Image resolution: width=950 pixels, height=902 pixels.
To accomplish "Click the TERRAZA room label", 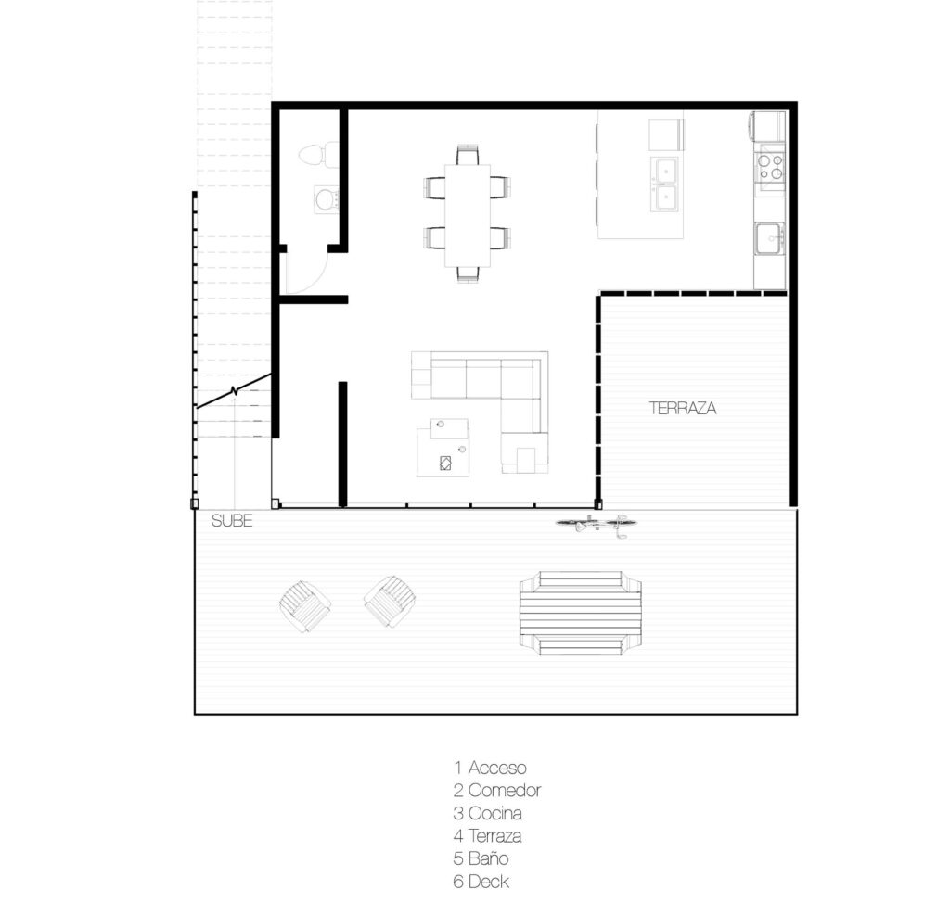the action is [683, 408].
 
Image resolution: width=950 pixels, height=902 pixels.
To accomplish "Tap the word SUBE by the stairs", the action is [232, 521].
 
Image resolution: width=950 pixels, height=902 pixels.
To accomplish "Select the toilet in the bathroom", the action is [319, 154].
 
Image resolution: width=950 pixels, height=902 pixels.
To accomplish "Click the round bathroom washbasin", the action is [327, 198].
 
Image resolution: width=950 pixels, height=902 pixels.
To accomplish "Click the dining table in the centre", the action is [468, 215].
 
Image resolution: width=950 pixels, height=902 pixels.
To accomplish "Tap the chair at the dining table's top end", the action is [468, 155].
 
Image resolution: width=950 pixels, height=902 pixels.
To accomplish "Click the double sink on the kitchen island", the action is [664, 184].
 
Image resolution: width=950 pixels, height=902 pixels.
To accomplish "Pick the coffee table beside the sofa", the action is [443, 448].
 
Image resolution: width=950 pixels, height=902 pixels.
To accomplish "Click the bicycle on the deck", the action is [593, 525].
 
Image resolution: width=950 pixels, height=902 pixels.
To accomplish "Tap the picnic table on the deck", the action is [581, 614].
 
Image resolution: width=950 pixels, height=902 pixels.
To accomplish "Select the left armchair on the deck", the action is [305, 606].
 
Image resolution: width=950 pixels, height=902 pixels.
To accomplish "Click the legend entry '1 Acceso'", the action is [490, 768].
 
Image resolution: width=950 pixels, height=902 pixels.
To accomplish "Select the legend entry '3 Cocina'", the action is [488, 813].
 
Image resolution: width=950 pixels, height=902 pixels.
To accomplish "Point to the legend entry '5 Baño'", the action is [481, 858].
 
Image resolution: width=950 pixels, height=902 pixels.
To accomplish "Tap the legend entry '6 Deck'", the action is [481, 882].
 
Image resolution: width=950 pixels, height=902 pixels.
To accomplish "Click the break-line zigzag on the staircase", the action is [235, 391].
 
